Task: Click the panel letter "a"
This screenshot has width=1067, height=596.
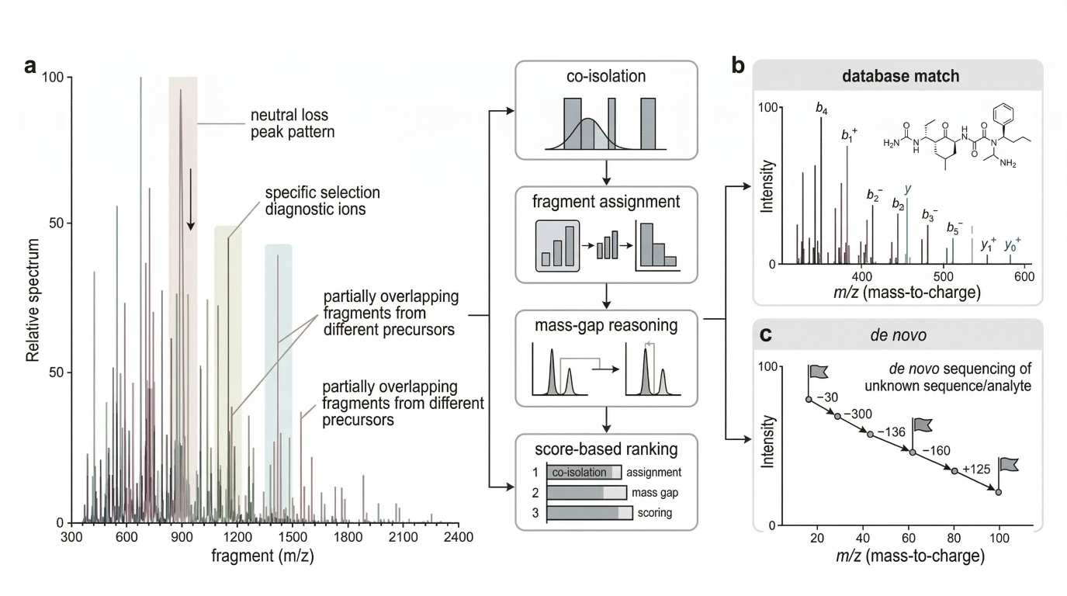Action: point(30,66)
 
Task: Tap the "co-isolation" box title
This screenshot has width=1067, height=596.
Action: point(606,77)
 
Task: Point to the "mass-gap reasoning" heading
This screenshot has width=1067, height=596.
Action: point(606,326)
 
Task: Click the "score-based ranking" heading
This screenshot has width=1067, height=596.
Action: point(606,449)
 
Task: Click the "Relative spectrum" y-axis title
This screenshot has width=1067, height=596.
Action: point(33,299)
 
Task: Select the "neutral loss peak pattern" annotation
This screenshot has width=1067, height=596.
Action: point(292,123)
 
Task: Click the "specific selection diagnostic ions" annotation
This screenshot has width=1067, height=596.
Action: point(323,200)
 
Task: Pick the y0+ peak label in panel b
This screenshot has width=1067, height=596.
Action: point(1013,244)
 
